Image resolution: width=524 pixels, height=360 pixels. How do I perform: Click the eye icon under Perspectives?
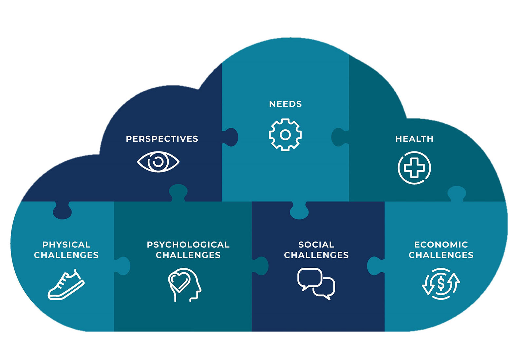pyautogui.click(x=158, y=162)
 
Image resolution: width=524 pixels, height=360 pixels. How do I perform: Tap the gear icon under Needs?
pyautogui.click(x=285, y=135)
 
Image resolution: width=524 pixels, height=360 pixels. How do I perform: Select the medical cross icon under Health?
pyautogui.click(x=414, y=168)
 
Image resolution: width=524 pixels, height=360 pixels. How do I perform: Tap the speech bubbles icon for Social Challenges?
pyautogui.click(x=316, y=283)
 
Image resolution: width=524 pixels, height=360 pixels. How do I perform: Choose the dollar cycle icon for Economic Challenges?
pyautogui.click(x=441, y=284)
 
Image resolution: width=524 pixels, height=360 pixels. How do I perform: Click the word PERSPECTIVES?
pyautogui.click(x=162, y=139)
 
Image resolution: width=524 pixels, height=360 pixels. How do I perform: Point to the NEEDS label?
pyautogui.click(x=285, y=104)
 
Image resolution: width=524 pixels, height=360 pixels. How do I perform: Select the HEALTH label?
pyautogui.click(x=414, y=139)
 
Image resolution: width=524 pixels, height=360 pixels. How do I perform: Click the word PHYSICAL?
pyautogui.click(x=66, y=244)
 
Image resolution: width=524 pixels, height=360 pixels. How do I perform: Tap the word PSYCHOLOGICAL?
pyautogui.click(x=188, y=244)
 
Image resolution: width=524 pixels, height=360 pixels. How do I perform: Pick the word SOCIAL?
pyautogui.click(x=316, y=244)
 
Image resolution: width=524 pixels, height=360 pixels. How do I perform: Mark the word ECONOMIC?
pyautogui.click(x=441, y=244)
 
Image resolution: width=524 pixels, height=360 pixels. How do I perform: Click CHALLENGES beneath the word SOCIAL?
pyautogui.click(x=316, y=255)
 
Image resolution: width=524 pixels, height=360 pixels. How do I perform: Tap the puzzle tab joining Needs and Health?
pyautogui.click(x=339, y=137)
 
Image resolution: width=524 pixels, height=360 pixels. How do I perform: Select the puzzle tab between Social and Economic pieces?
pyautogui.click(x=375, y=266)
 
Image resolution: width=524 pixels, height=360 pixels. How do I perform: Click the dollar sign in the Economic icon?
pyautogui.click(x=441, y=283)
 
